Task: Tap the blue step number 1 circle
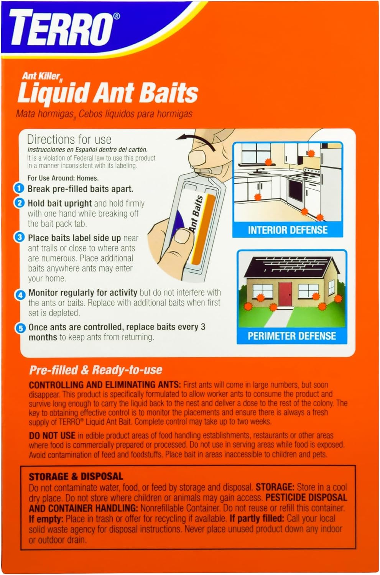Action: point(19,189)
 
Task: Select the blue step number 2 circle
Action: point(19,203)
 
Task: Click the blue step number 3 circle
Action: point(20,238)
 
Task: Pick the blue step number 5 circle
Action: point(21,328)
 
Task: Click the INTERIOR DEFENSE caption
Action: point(288,230)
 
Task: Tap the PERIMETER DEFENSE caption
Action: point(292,336)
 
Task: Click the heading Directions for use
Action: point(69,140)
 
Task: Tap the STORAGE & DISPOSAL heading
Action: point(76,477)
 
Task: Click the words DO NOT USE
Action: point(52,435)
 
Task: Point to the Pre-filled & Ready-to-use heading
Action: point(95,370)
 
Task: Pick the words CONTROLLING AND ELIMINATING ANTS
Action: point(105,385)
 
